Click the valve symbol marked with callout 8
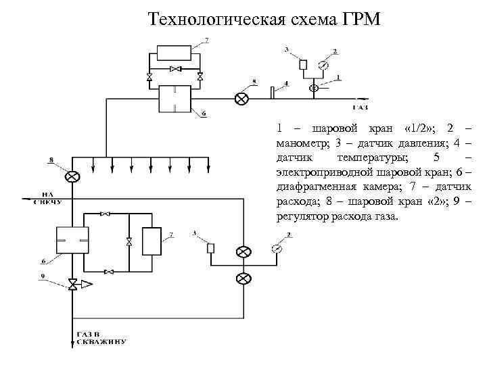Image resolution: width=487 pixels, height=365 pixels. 72,176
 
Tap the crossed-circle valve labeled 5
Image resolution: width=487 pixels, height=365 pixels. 241,99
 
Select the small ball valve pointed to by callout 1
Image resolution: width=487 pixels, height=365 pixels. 313,88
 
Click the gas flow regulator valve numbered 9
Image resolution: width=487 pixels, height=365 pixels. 72,285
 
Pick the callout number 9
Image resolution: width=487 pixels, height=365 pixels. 43,275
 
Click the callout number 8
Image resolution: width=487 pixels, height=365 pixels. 50,160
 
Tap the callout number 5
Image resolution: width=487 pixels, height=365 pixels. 254,81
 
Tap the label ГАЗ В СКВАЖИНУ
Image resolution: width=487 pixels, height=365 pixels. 101,339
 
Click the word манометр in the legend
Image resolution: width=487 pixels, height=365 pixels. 302,143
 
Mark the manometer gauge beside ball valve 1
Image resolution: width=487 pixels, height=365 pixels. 323,66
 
